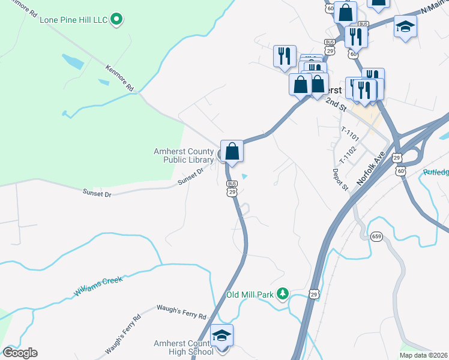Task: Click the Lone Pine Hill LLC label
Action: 73,20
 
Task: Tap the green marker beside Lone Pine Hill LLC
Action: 118,20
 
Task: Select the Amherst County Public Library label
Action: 184,155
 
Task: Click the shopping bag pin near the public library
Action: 232,151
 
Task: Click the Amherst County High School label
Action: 183,347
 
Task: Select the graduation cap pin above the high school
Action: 221,336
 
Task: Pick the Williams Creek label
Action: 98,285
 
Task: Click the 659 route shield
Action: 376,236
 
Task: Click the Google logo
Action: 20,353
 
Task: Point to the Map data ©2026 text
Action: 424,355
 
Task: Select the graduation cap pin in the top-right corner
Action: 406,27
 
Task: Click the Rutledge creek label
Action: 435,172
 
